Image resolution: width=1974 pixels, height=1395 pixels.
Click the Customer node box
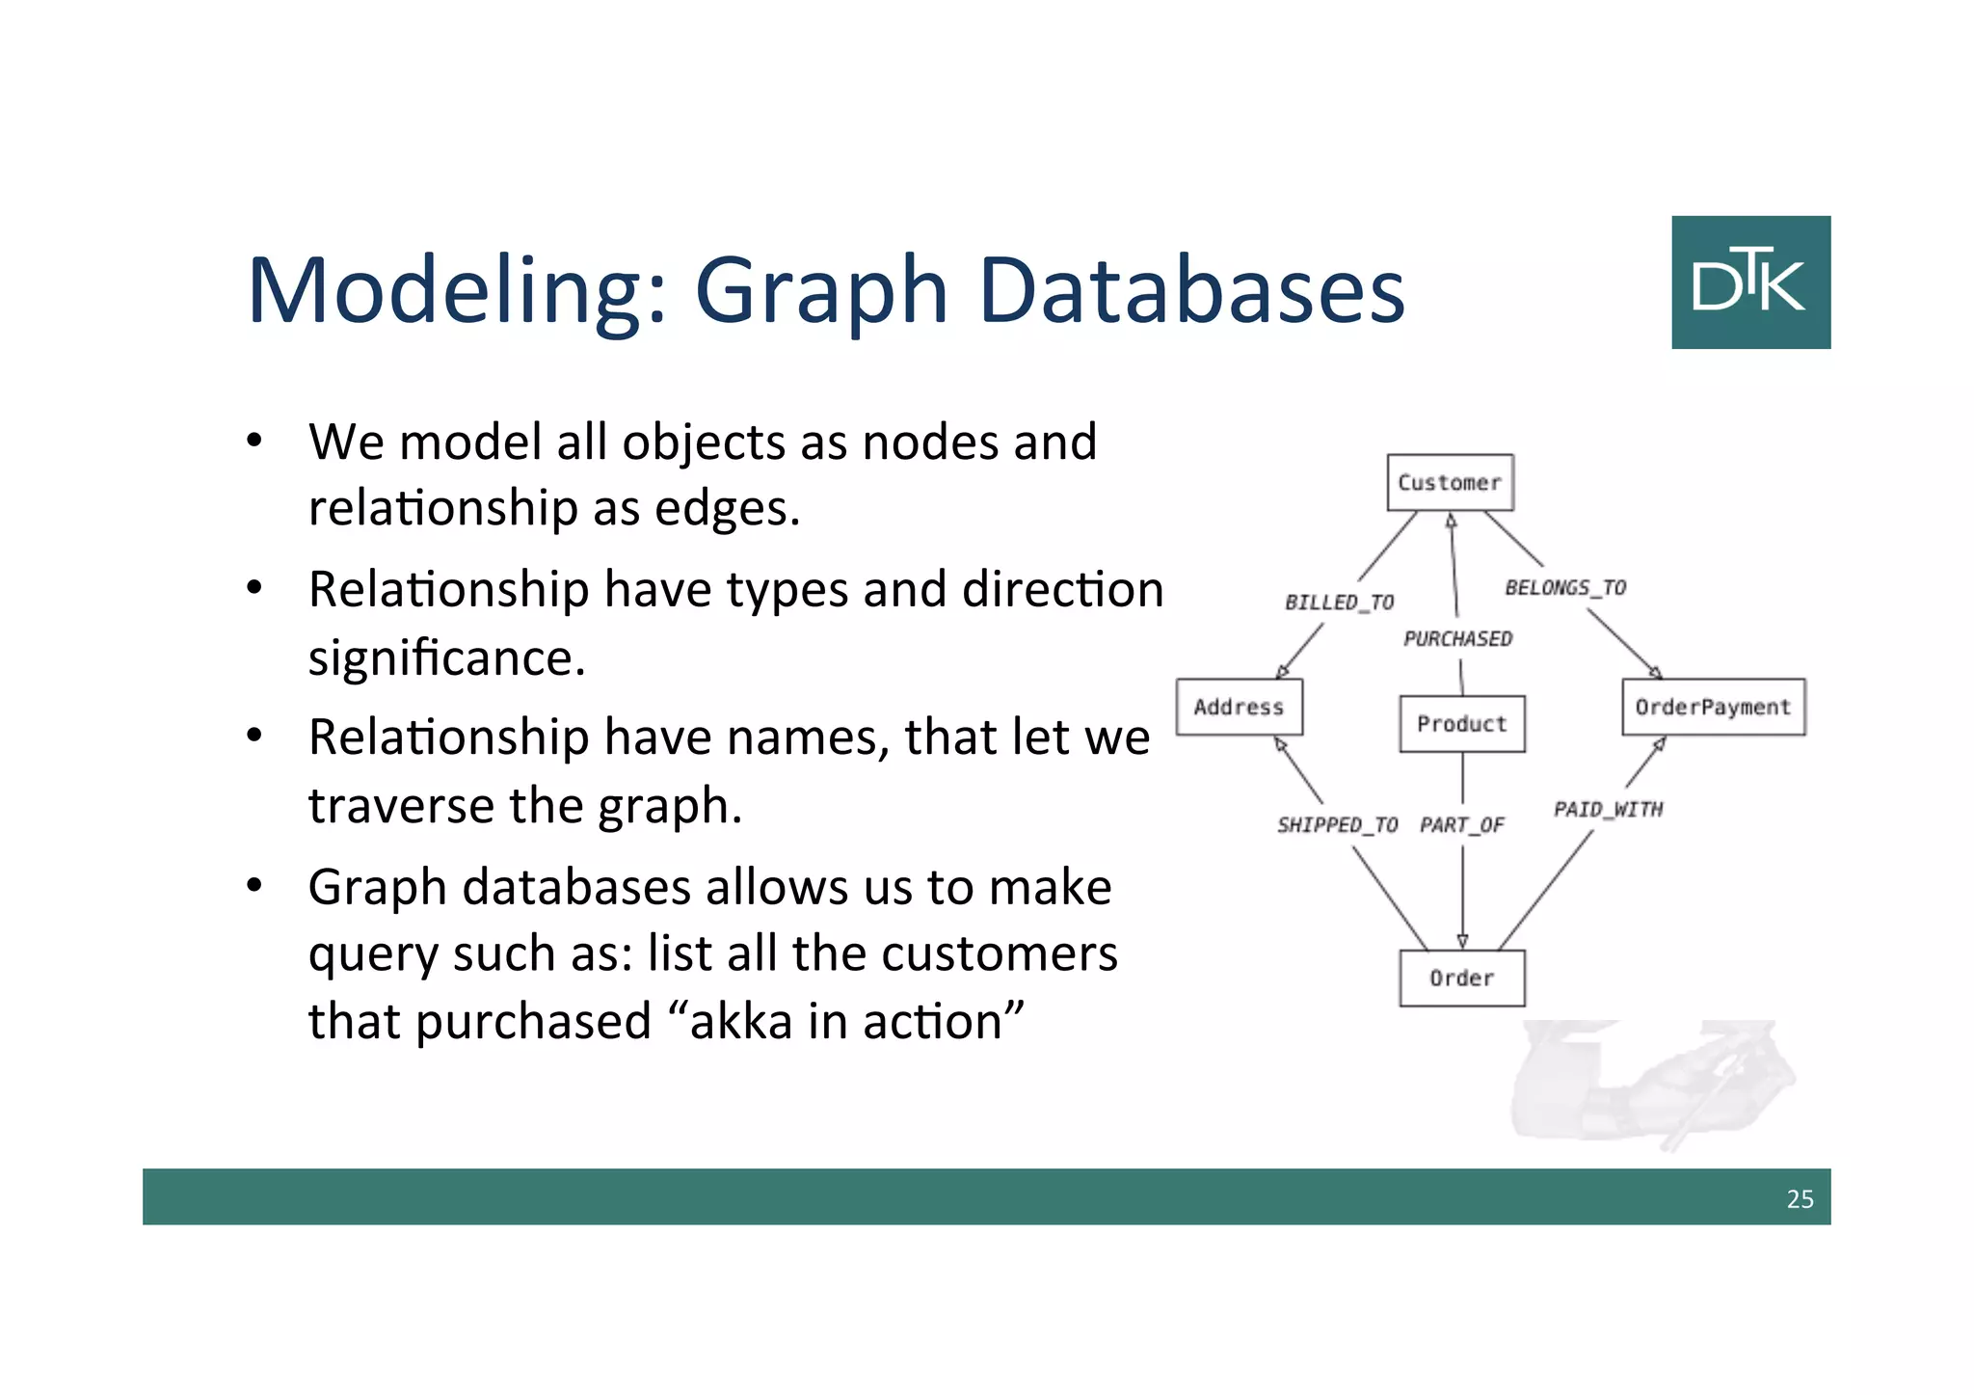[x=1450, y=482]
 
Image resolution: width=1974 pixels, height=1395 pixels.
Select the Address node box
[x=1239, y=707]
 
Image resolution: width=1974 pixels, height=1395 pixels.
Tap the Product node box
[x=1461, y=723]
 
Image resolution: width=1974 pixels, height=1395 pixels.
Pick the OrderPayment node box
[x=1713, y=707]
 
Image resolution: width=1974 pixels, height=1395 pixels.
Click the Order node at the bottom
[x=1461, y=978]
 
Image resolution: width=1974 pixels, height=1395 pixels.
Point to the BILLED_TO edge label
[x=1339, y=603]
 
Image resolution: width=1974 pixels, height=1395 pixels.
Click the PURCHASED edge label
[x=1457, y=638]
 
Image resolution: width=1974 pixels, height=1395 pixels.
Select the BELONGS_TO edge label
[x=1565, y=587]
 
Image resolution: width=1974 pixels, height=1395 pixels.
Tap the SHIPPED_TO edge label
[x=1337, y=824]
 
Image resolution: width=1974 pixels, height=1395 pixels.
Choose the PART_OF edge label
[x=1461, y=824]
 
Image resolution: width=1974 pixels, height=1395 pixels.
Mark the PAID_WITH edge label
[x=1608, y=809]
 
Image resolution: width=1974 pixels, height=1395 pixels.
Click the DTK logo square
[x=1750, y=282]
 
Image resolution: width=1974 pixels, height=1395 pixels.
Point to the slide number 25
[x=1800, y=1198]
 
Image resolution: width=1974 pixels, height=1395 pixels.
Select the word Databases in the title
[x=1191, y=290]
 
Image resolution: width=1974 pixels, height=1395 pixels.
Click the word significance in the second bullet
[x=446, y=658]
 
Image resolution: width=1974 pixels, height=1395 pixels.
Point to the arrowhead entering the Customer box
[x=1451, y=521]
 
